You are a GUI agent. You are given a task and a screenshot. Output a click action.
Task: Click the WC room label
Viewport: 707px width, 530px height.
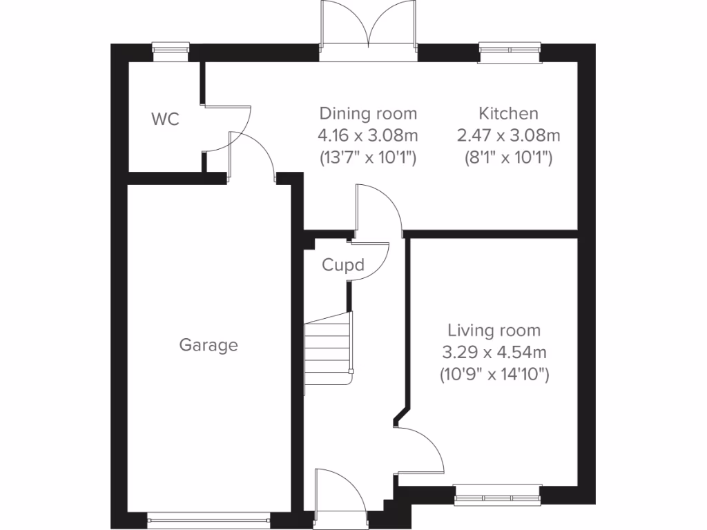(165, 119)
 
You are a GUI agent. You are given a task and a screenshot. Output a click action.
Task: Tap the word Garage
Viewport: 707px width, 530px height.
(209, 345)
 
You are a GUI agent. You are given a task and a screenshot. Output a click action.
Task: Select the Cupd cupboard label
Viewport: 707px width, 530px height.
(342, 265)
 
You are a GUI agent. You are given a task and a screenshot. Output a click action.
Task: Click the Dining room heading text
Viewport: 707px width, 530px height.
(368, 113)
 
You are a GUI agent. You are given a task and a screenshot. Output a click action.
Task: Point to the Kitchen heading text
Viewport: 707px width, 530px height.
(509, 113)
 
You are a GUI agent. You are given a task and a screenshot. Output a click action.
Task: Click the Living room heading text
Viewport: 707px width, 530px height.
(494, 331)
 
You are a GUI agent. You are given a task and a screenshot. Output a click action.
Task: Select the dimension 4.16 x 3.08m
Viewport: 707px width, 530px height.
(368, 135)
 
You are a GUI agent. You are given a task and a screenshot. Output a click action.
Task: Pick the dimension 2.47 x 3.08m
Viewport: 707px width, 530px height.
(509, 135)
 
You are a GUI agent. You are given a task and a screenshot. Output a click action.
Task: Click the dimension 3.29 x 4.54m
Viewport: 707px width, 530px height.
(494, 353)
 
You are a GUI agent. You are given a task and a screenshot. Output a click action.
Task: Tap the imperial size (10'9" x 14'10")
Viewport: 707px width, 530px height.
(494, 375)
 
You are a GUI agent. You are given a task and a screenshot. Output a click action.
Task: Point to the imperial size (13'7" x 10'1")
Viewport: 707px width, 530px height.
(368, 157)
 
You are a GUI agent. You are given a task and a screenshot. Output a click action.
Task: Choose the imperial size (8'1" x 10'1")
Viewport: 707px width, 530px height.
(509, 157)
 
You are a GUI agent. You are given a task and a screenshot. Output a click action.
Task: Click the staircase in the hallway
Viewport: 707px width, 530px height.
(329, 352)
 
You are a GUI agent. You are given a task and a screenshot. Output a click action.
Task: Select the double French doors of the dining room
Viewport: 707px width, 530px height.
(368, 31)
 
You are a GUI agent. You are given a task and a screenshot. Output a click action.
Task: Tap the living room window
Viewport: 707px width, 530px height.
(497, 495)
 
